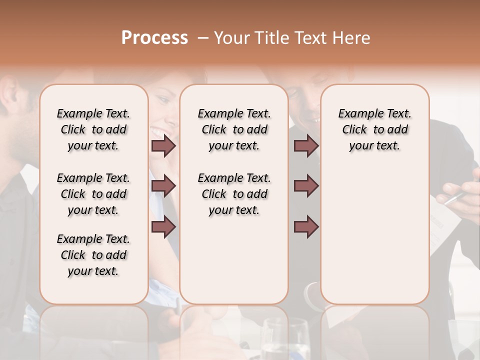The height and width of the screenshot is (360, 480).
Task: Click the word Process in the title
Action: point(154,38)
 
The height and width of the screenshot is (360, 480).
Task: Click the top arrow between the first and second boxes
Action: point(163,146)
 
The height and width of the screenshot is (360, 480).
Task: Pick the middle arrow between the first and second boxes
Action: point(163,186)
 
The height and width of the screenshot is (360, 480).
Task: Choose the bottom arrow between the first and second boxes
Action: point(163,226)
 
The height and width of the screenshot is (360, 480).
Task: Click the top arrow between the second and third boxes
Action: point(306,146)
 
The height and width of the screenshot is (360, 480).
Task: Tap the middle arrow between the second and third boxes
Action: point(306,186)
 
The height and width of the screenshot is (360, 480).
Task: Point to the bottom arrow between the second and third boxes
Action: point(306,226)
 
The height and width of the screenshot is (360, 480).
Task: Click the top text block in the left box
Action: point(93,129)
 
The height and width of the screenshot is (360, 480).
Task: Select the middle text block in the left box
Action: point(93,194)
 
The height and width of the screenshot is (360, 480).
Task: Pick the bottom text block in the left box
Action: point(93,255)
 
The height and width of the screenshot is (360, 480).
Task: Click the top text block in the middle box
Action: point(234,129)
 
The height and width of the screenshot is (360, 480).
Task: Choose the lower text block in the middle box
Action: point(234,194)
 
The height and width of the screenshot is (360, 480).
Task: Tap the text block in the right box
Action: point(375,129)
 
